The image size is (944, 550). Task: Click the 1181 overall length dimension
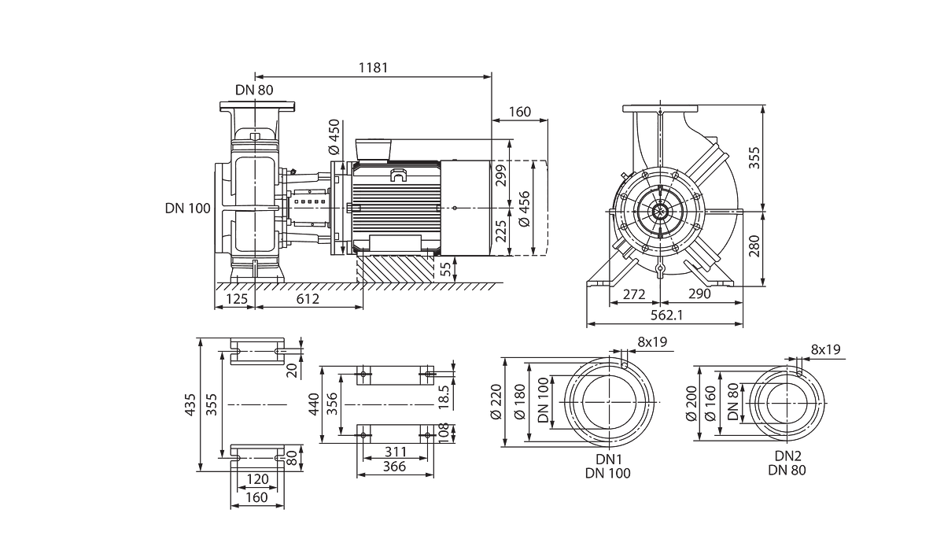(x=373, y=68)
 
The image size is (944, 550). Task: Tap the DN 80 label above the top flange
(x=254, y=90)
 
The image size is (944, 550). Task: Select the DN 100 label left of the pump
(x=187, y=209)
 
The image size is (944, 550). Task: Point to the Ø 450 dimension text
(x=334, y=137)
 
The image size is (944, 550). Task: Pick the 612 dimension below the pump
(x=308, y=299)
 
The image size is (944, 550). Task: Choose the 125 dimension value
(x=237, y=299)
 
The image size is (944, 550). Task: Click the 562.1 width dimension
(x=666, y=315)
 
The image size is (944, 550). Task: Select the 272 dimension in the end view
(x=634, y=293)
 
